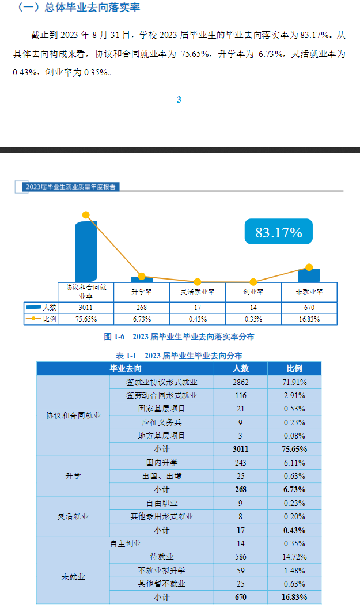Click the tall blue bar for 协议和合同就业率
tap(86, 252)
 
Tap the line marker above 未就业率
tap(309, 267)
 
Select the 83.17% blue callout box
tap(279, 232)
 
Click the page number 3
tap(179, 99)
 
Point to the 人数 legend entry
tap(41, 307)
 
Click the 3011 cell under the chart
tap(86, 307)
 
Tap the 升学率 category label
tap(142, 292)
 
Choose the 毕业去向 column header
tap(126, 368)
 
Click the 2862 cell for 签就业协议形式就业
tap(240, 382)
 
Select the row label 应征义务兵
tap(161, 422)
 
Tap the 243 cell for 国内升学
tap(240, 463)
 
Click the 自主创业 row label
tap(126, 543)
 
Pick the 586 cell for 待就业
tap(240, 557)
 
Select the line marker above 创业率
tap(253, 282)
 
